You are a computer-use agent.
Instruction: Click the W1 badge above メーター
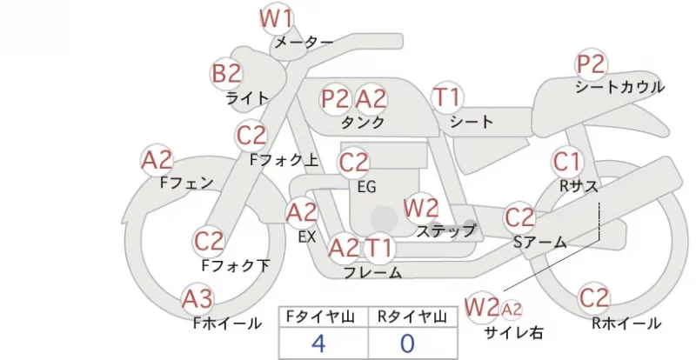(276, 18)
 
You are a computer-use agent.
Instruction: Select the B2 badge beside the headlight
(226, 73)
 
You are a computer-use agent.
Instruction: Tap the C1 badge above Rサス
(567, 162)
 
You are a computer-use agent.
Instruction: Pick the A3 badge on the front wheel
(198, 299)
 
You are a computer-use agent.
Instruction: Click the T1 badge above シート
(447, 97)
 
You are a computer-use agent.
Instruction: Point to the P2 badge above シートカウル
(592, 64)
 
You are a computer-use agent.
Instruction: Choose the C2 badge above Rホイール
(593, 297)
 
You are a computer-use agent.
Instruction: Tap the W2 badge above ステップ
(421, 208)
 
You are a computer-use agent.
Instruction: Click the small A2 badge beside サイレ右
(511, 310)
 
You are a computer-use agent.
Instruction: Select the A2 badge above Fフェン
(157, 160)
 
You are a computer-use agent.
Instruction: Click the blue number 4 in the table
(318, 343)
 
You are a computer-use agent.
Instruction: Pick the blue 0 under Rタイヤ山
(407, 343)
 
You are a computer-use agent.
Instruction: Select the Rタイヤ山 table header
(412, 317)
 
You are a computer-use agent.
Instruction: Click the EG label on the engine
(366, 187)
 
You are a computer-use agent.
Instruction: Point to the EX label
(307, 237)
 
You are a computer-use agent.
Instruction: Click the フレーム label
(373, 273)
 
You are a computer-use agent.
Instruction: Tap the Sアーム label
(540, 242)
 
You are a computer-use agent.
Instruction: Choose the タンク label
(363, 122)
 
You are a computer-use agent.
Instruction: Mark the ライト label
(247, 97)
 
